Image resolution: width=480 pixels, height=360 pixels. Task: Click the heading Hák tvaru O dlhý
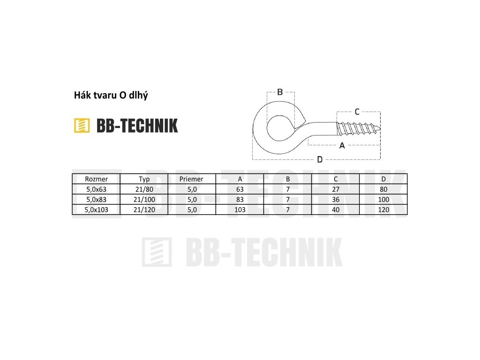pyautogui.click(x=111, y=96)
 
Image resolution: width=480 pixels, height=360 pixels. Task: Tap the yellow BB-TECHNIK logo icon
pyautogui.click(x=82, y=125)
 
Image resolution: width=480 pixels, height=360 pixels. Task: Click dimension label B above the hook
pyautogui.click(x=280, y=92)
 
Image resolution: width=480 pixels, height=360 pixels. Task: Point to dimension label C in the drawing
pyautogui.click(x=357, y=112)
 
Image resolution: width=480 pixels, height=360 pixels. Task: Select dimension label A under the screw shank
pyautogui.click(x=342, y=146)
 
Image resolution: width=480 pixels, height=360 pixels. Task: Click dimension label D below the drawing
pyautogui.click(x=320, y=159)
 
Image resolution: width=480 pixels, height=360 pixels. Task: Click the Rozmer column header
pyautogui.click(x=96, y=179)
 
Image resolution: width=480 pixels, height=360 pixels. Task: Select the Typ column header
pyautogui.click(x=144, y=179)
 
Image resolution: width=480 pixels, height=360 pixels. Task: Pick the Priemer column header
pyautogui.click(x=191, y=179)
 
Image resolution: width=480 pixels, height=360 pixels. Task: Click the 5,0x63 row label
pyautogui.click(x=96, y=189)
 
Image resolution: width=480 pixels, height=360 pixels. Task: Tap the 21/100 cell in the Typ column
pyautogui.click(x=144, y=199)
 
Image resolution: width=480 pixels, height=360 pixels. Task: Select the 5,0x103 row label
pyautogui.click(x=96, y=210)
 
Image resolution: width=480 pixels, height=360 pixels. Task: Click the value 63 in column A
pyautogui.click(x=240, y=189)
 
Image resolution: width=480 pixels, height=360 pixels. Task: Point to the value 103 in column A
pyautogui.click(x=240, y=210)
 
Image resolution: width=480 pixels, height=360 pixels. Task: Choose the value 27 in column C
pyautogui.click(x=336, y=189)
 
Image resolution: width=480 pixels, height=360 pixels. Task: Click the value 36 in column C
pyautogui.click(x=336, y=199)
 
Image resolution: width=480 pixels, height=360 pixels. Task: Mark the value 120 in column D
pyautogui.click(x=383, y=210)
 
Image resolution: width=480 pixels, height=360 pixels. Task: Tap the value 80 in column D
pyautogui.click(x=383, y=189)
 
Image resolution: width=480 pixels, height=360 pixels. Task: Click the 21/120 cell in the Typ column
pyautogui.click(x=144, y=210)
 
